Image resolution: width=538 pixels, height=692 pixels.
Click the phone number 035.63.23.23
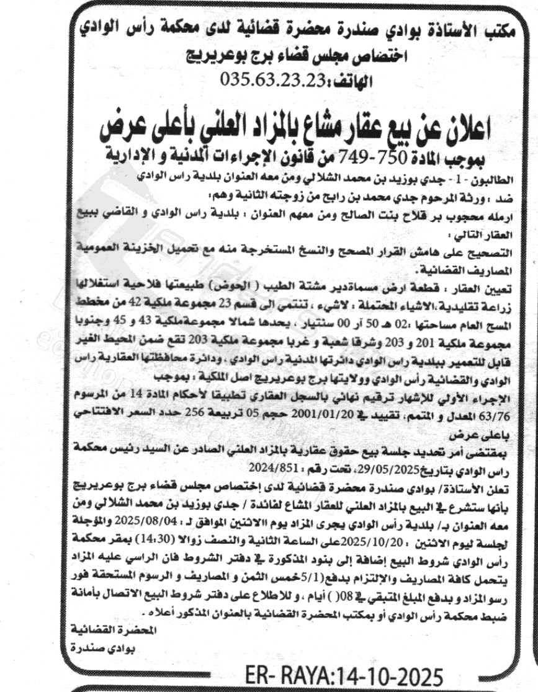[270, 81]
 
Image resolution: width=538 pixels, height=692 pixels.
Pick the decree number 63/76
[498, 411]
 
